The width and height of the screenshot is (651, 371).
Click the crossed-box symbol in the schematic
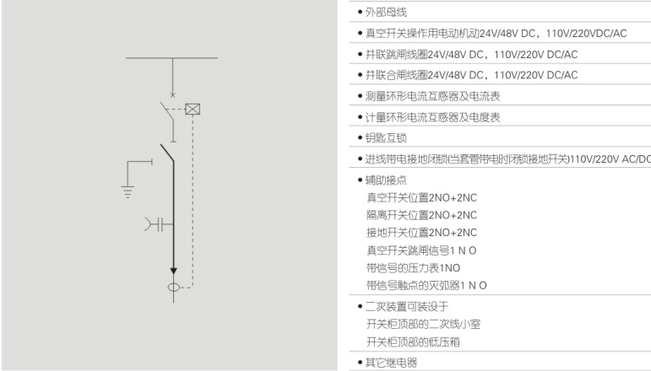tap(193, 109)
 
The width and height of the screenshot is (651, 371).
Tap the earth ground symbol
tap(128, 186)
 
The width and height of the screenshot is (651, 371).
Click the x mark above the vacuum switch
tap(174, 95)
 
